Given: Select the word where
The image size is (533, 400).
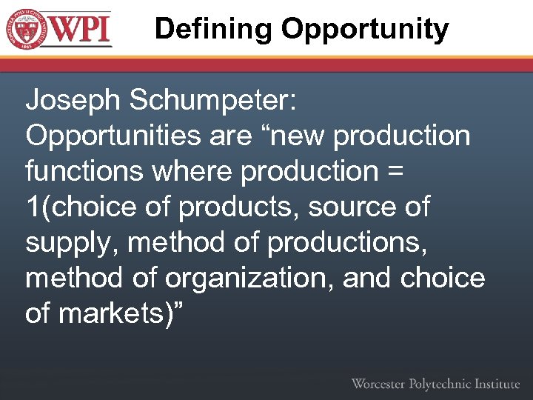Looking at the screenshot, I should click(192, 171).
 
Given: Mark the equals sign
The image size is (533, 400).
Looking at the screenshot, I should click(395, 173).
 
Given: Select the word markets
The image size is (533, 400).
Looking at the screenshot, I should click(110, 313).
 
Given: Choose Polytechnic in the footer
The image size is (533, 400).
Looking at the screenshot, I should click(443, 384).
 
